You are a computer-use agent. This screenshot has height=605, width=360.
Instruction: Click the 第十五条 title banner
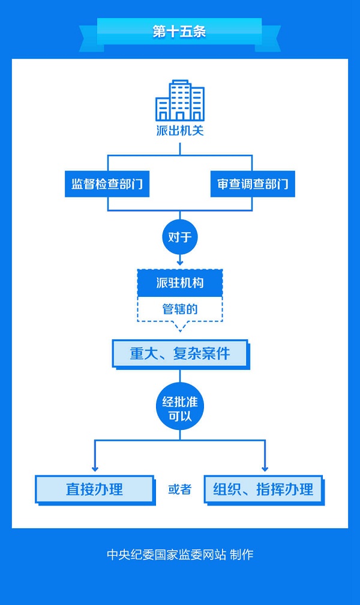[x=179, y=32]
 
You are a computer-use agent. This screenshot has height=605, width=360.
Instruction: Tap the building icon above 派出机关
[x=180, y=100]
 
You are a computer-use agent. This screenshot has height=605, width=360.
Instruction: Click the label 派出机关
[x=180, y=130]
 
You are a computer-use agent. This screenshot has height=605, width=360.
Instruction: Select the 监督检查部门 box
[x=107, y=184]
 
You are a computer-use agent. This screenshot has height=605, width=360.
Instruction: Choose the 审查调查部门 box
[x=253, y=184]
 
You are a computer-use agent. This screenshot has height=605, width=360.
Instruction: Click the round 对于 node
[x=180, y=237]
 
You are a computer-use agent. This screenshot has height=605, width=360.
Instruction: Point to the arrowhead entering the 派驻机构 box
[x=180, y=262]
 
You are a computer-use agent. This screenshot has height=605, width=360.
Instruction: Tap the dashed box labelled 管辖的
[x=180, y=309]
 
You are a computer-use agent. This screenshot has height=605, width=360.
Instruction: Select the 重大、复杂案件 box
[x=180, y=354]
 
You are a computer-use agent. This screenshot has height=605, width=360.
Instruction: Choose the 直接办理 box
[x=94, y=489]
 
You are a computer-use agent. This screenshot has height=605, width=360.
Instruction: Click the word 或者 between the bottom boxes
[x=179, y=489]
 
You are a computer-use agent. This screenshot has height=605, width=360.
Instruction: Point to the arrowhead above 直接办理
[x=94, y=468]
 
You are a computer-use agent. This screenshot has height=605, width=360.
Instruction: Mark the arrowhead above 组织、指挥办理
[x=265, y=468]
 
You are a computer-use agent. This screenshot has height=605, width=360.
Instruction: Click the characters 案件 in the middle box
[x=216, y=354]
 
